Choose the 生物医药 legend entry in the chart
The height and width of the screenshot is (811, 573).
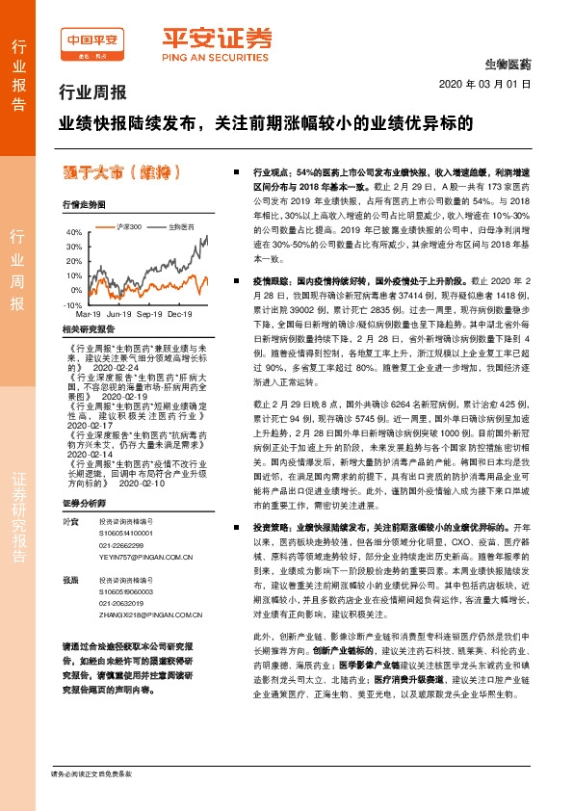(x=182, y=225)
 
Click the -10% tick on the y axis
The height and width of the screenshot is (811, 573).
(x=72, y=304)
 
